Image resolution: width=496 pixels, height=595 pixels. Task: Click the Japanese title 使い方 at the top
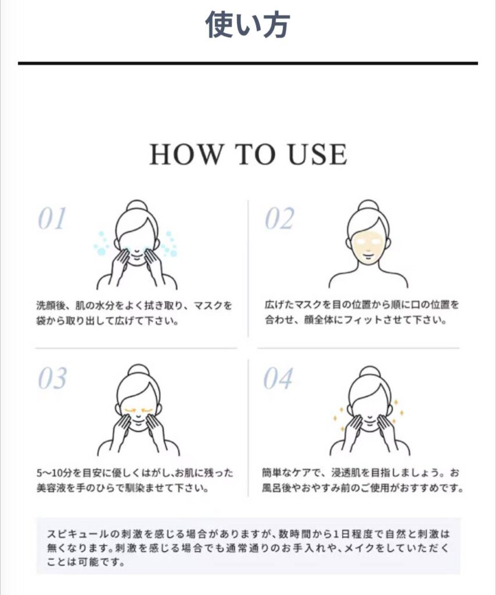[x=247, y=24]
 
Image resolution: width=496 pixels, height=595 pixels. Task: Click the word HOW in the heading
[x=185, y=155]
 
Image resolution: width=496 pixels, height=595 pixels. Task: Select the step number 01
[x=52, y=218]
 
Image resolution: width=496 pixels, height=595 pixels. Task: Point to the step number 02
[x=279, y=218]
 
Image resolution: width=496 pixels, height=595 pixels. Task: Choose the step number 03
[x=52, y=378]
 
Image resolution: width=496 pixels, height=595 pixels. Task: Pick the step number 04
[x=278, y=378]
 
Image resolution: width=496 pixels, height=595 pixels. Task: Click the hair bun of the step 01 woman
[x=136, y=207]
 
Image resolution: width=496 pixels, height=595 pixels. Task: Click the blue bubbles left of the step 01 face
[x=100, y=243]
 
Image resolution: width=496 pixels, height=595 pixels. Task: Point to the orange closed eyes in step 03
[x=138, y=410]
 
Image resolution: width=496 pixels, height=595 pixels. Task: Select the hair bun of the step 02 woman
[x=368, y=207]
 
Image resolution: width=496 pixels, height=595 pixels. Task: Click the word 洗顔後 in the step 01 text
[x=51, y=306]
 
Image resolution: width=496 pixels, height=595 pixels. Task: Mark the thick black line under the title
[x=247, y=63]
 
